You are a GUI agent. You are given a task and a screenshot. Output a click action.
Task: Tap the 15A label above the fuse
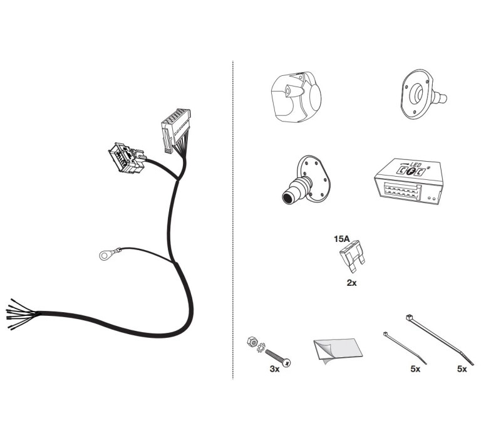pyautogui.click(x=341, y=239)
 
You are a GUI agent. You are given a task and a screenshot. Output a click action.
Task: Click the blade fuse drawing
pyautogui.click(x=353, y=256)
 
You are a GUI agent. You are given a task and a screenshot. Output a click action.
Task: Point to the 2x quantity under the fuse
pyautogui.click(x=351, y=283)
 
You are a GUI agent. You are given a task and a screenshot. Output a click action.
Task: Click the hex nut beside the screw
pyautogui.click(x=252, y=342)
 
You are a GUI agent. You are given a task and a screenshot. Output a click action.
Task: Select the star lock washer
pyautogui.click(x=261, y=347)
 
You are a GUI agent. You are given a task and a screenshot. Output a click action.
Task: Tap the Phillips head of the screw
pyautogui.click(x=286, y=364)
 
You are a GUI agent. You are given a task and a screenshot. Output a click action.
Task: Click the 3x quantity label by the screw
pyautogui.click(x=274, y=369)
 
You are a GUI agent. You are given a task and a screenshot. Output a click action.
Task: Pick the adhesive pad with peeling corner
pyautogui.click(x=338, y=350)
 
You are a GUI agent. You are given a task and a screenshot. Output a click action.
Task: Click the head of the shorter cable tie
pyautogui.click(x=386, y=334)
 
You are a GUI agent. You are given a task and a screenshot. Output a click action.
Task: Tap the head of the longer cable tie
pyautogui.click(x=409, y=317)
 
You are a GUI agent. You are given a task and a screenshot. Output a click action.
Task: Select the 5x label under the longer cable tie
pyautogui.click(x=462, y=369)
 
